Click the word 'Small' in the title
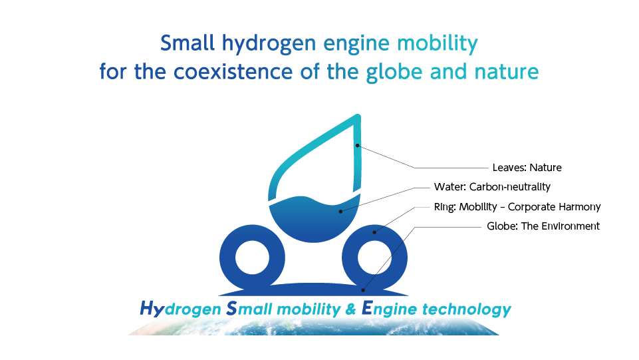click(187, 43)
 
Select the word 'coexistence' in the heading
click(233, 72)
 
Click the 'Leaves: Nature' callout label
click(527, 168)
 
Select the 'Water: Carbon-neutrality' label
click(492, 187)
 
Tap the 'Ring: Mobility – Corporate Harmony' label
click(517, 207)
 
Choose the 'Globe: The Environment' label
click(543, 226)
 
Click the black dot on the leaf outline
click(357, 146)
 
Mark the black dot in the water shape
click(340, 211)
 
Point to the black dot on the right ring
click(374, 232)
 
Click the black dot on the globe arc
click(363, 290)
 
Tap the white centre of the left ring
click(252, 258)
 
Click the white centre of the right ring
click(374, 258)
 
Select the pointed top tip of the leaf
click(358, 115)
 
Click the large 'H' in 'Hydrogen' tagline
click(148, 308)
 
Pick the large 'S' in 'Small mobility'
click(231, 308)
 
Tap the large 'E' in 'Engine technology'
click(367, 308)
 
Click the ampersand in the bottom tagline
click(350, 309)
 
